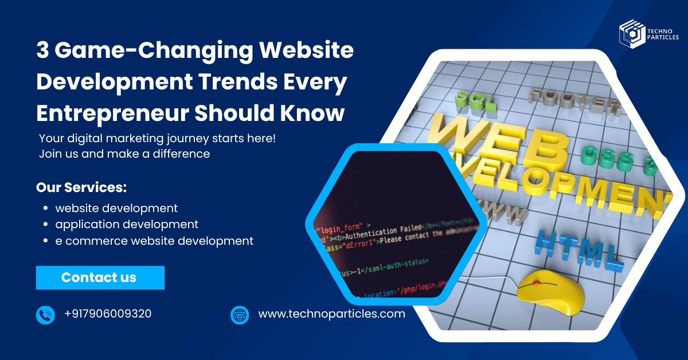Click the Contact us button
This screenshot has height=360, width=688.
point(100,277)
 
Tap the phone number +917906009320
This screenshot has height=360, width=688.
point(108,314)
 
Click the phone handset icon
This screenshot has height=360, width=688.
point(45,315)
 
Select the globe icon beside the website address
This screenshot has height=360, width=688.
point(240,315)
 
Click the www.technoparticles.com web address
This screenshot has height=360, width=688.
point(331,314)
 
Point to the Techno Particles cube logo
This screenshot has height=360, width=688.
point(631,33)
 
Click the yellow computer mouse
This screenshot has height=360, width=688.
point(550,293)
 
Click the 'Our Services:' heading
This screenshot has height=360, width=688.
point(81,187)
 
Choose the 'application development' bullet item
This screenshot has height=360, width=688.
point(127,224)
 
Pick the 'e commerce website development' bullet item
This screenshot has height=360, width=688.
point(154,241)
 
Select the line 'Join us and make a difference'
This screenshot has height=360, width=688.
point(124,154)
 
